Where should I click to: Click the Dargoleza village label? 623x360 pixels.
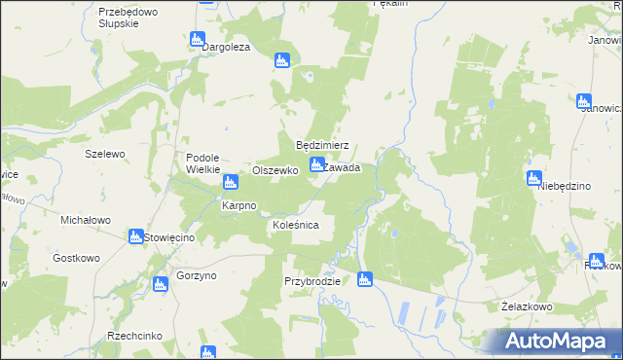point(226,47)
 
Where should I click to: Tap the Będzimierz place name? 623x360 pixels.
point(322,145)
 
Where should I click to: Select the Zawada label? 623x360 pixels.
point(342,167)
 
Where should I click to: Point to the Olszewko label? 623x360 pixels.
point(275,169)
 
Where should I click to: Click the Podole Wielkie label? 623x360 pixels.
point(204,162)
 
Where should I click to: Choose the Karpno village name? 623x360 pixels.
point(238,206)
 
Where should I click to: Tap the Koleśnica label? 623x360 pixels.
point(295,226)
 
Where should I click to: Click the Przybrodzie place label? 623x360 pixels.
point(311,281)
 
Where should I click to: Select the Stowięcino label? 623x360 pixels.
point(170,237)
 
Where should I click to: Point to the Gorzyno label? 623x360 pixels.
point(197,276)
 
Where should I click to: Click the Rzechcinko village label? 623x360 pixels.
point(135,336)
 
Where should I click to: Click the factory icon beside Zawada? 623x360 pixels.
point(316,165)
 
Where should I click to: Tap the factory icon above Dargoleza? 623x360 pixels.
point(198,40)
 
